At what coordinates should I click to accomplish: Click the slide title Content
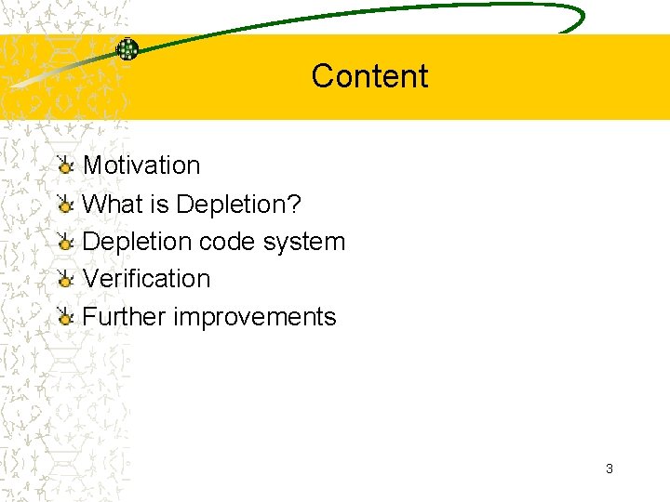point(369,76)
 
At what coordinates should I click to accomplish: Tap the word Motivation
point(141,165)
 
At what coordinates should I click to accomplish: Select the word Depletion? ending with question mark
point(237,204)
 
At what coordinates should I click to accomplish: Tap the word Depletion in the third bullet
point(136,242)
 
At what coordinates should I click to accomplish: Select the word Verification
point(146,279)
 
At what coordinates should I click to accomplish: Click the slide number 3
point(610,469)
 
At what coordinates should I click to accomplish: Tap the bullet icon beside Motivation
point(64,166)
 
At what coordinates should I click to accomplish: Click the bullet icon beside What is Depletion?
point(64,205)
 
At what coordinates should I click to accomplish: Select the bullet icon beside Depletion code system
point(64,243)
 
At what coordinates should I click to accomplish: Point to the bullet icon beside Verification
point(64,280)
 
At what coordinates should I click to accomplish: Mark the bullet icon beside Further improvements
point(64,318)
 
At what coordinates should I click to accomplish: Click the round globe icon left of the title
point(127,49)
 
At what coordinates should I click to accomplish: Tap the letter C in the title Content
point(323,76)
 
